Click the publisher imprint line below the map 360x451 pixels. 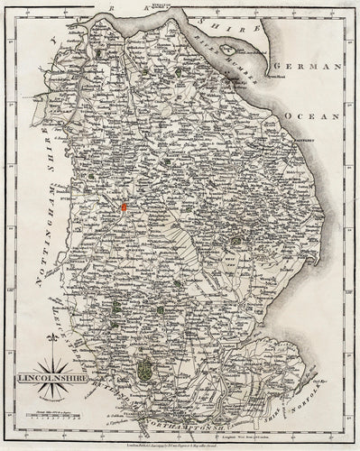[180, 436]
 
